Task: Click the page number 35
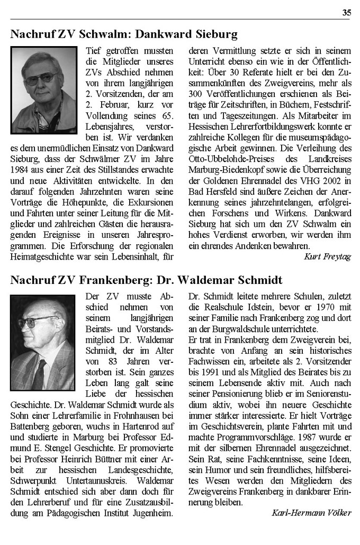click(x=346, y=13)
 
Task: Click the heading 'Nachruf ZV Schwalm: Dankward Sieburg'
click(x=124, y=35)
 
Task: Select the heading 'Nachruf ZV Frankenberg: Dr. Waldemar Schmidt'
click(x=146, y=280)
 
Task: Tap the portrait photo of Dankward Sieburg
click(x=43, y=90)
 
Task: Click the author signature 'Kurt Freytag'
click(x=328, y=256)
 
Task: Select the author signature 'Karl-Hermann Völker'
click(x=311, y=513)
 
